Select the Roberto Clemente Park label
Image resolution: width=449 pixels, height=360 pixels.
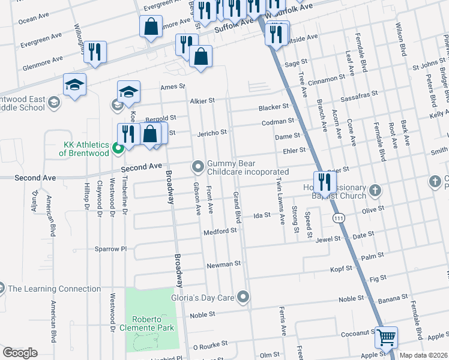[x=154, y=323]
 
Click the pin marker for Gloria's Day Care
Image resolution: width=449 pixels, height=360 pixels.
[x=243, y=296]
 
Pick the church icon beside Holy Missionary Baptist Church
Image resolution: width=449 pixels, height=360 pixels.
[x=375, y=190]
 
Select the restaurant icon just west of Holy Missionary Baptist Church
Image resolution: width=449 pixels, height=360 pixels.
[x=325, y=181]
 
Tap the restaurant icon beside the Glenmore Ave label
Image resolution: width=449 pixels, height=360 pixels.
[x=95, y=52]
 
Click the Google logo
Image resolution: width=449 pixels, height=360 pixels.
[x=20, y=353]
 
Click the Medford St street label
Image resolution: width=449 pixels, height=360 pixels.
[x=221, y=230]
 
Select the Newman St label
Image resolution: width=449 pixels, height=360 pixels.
[x=223, y=263]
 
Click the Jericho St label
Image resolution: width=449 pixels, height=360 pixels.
[x=212, y=133]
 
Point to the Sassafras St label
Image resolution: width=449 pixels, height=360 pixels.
[x=359, y=94]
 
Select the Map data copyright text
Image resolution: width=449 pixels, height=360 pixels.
[x=424, y=355]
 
